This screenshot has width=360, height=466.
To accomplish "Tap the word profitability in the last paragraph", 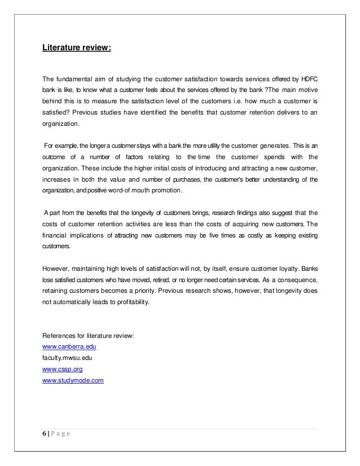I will point(129,302).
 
